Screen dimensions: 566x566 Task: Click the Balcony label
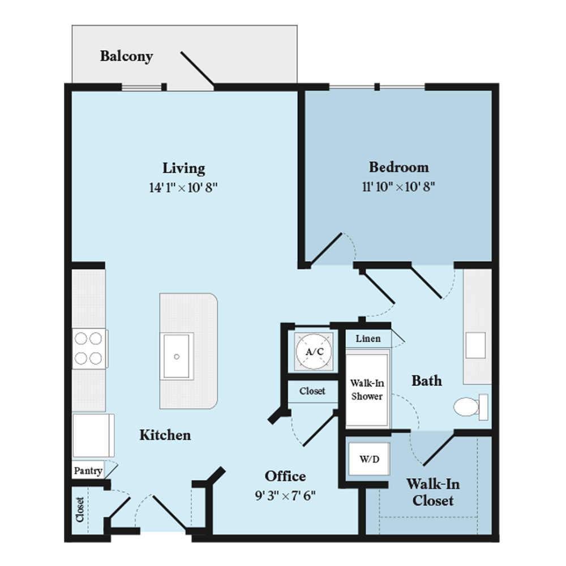tap(126, 56)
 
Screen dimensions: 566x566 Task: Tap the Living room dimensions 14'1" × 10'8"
tap(183, 187)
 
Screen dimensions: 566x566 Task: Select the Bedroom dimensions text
tap(398, 187)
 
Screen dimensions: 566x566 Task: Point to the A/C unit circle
tap(314, 351)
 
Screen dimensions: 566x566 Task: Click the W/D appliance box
tap(369, 459)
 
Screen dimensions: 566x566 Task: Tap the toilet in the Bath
tap(471, 407)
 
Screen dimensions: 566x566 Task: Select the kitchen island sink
tap(177, 356)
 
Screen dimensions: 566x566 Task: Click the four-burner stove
tap(89, 348)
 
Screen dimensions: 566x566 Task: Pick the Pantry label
tap(88, 471)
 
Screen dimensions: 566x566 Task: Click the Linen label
tap(368, 338)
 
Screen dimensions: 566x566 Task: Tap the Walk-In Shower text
tap(367, 389)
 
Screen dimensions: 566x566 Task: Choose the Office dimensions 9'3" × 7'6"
tap(285, 496)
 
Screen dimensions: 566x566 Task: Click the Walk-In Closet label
tap(433, 492)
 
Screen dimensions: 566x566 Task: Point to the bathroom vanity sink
tap(475, 345)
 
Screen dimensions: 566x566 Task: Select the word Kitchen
tap(165, 435)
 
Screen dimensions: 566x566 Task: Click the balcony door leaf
tap(197, 68)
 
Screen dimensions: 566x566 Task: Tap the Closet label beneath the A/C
tap(312, 391)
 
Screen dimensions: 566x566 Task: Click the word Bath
tap(427, 381)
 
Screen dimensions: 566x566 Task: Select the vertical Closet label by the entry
tap(80, 509)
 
